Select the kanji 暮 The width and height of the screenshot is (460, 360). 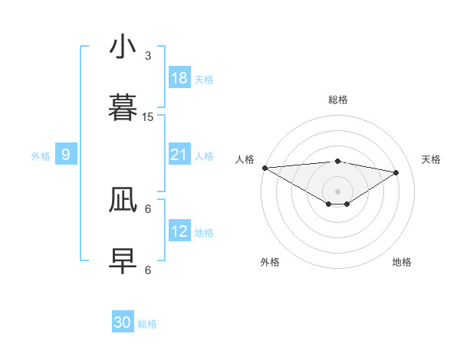click(x=123, y=109)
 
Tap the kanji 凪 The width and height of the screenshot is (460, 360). click(x=123, y=201)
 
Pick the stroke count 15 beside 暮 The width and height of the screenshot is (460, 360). click(x=148, y=116)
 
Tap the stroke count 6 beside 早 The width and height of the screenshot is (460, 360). click(x=148, y=270)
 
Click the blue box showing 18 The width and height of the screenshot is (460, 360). click(x=179, y=78)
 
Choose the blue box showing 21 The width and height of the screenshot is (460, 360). click(x=179, y=155)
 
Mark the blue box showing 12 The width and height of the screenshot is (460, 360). click(x=179, y=231)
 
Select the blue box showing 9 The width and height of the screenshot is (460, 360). click(x=66, y=155)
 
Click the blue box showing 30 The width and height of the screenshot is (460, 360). click(x=123, y=322)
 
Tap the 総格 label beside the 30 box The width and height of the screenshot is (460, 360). click(x=147, y=324)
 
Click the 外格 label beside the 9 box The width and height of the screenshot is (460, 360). click(x=41, y=156)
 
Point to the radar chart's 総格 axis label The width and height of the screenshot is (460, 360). click(x=337, y=100)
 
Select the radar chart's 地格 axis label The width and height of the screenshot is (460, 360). click(x=402, y=262)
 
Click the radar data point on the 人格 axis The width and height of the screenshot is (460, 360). click(x=264, y=168)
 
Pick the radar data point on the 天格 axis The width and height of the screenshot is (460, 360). click(x=396, y=172)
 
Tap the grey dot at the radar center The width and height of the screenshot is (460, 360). click(x=337, y=191)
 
